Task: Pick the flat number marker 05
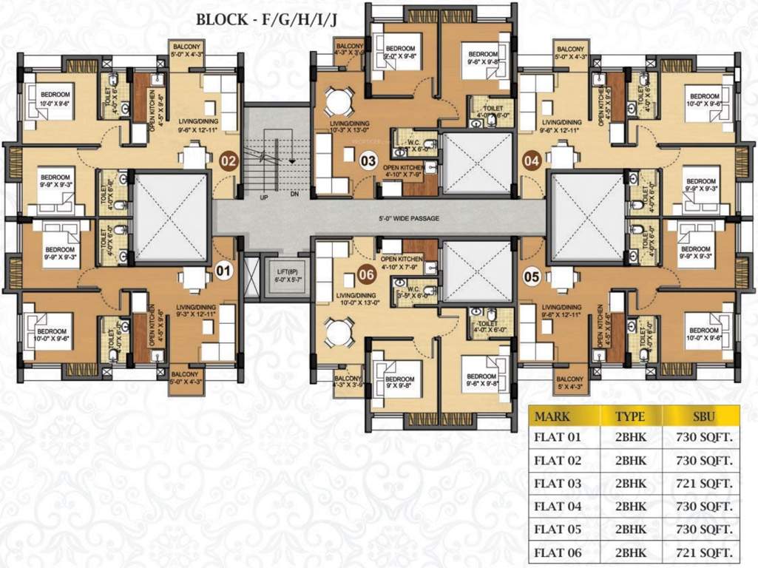[532, 277]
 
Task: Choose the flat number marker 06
[366, 273]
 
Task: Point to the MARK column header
[552, 416]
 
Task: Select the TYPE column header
[630, 416]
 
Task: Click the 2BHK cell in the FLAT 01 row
[630, 438]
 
